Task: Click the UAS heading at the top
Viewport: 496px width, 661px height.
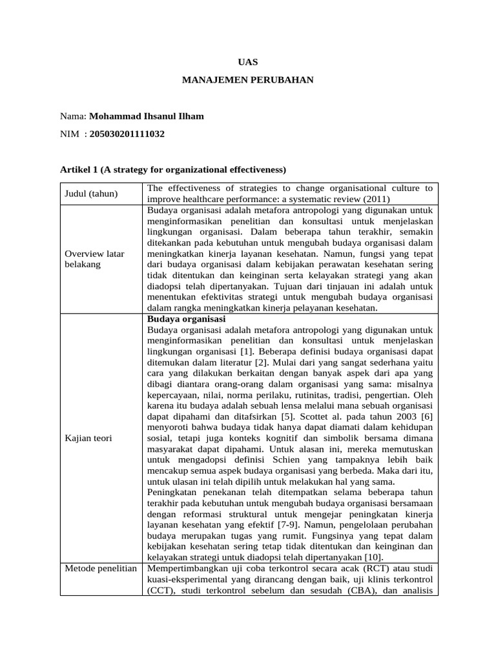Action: (248, 62)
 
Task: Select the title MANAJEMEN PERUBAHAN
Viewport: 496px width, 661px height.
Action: (248, 80)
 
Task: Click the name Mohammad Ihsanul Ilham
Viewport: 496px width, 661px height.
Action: (146, 116)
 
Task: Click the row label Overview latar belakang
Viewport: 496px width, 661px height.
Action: (94, 259)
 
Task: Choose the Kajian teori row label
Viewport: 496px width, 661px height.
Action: (88, 438)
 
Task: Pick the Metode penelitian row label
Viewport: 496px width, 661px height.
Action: (100, 568)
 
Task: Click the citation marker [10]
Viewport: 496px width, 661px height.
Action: (373, 557)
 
